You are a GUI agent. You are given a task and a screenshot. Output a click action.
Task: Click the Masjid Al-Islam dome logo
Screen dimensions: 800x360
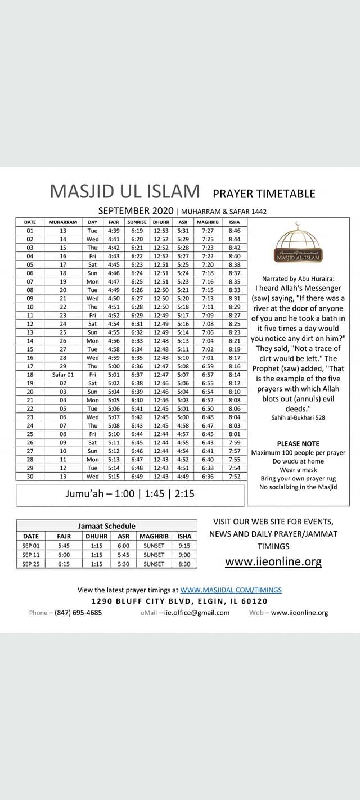click(x=298, y=243)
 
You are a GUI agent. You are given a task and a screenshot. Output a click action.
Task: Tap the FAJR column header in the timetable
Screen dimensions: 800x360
click(x=114, y=222)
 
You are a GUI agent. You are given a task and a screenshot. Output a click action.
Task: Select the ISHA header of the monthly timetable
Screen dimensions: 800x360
click(x=235, y=222)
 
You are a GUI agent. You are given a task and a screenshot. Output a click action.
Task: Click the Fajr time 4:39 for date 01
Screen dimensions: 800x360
click(x=114, y=231)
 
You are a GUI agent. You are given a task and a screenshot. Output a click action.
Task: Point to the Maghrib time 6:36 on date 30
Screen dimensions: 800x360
click(x=208, y=476)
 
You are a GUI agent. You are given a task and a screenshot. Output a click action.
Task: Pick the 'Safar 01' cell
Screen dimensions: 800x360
click(x=63, y=375)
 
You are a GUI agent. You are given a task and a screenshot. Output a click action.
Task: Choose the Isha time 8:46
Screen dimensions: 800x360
click(x=235, y=231)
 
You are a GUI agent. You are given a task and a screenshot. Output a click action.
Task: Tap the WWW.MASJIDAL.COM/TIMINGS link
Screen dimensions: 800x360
click(x=231, y=590)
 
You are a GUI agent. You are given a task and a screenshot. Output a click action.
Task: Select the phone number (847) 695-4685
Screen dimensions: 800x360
click(x=78, y=613)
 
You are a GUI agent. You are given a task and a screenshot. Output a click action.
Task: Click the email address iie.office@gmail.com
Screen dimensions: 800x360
click(x=197, y=613)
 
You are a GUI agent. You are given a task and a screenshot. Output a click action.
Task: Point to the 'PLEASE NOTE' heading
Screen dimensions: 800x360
click(x=298, y=444)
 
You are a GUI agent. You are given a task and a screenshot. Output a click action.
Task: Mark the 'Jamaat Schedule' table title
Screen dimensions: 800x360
click(x=106, y=526)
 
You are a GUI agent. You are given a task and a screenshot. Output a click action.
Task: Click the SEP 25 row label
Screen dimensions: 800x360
click(x=30, y=564)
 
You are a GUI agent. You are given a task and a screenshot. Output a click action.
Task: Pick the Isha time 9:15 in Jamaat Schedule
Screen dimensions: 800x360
click(x=184, y=546)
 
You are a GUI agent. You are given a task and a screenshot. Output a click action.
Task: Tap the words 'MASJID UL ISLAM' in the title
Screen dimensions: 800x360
click(x=125, y=192)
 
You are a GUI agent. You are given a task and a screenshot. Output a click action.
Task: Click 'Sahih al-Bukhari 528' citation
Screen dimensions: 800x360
click(x=298, y=417)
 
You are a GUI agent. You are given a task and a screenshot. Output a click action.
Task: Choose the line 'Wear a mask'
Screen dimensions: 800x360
click(x=298, y=470)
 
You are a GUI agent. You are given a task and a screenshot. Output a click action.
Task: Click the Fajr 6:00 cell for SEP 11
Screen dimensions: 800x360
click(x=64, y=555)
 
